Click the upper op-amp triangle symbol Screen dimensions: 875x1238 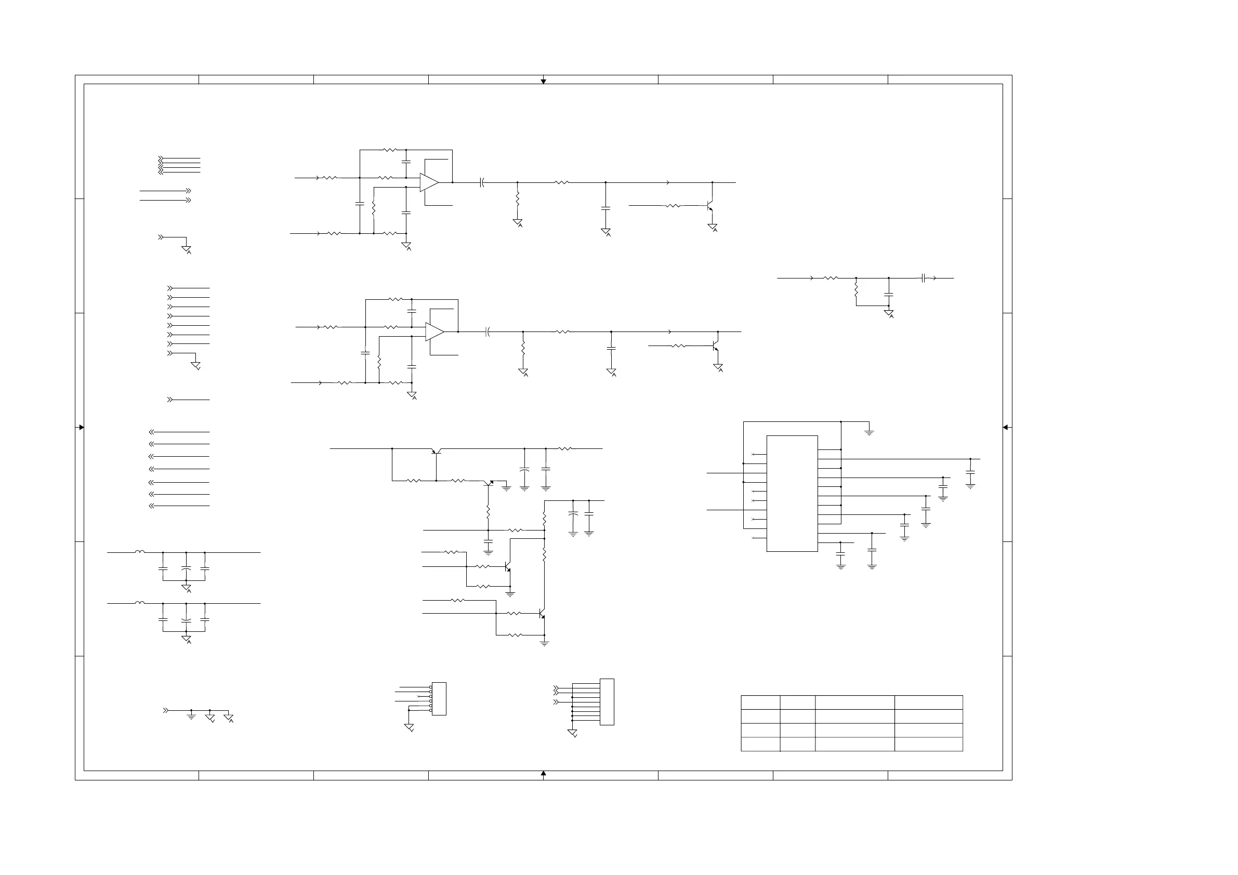(429, 183)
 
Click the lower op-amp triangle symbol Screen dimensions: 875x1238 (434, 332)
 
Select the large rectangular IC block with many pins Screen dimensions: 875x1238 (792, 493)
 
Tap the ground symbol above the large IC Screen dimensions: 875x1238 (868, 432)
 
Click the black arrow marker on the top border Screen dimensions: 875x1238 (544, 82)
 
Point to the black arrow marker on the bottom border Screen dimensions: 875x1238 (544, 773)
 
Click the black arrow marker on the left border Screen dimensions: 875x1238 (82, 428)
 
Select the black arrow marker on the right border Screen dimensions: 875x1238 (1005, 428)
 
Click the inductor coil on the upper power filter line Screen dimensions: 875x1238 (140, 551)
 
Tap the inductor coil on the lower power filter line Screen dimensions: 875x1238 (140, 603)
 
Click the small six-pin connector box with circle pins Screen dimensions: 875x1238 (439, 699)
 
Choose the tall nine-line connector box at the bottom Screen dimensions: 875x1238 (607, 702)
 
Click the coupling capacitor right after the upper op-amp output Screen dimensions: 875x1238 (482, 183)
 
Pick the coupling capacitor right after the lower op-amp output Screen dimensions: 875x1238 (488, 332)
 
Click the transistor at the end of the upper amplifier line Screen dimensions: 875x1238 (710, 206)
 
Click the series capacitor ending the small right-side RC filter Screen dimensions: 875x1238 (924, 278)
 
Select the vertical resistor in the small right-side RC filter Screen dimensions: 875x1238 (855, 291)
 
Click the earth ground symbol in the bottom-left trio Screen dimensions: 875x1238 (191, 717)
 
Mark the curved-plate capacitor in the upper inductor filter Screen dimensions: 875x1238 (186, 569)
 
